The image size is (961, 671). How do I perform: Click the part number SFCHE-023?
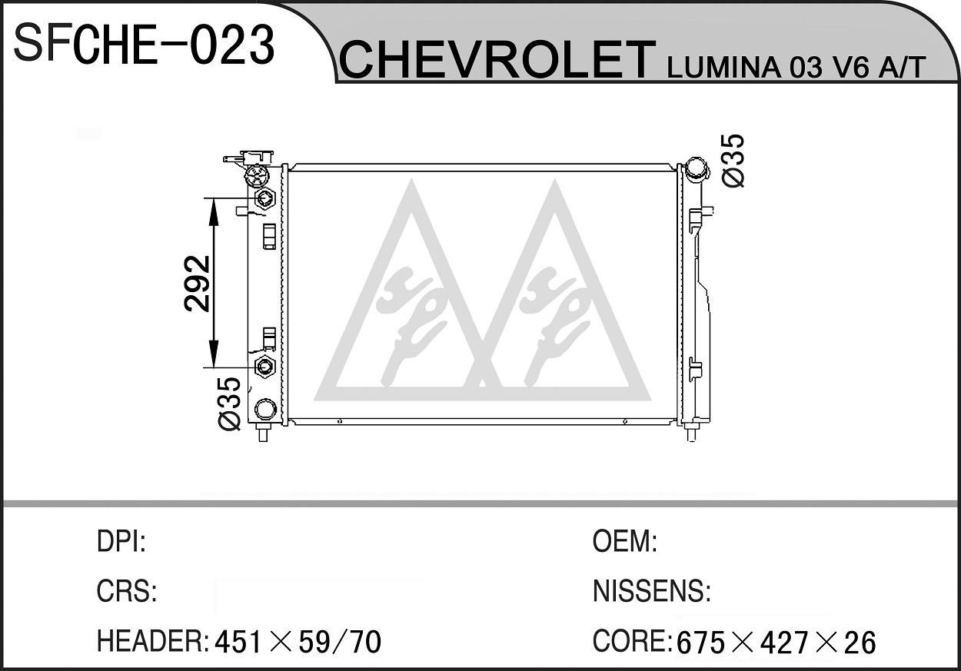144,45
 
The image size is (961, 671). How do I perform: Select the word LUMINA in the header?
724,68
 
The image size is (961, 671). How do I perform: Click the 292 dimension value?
198,283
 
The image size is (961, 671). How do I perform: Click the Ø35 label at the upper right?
733,161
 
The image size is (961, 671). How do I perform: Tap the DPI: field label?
121,541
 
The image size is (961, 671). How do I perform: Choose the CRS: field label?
127,591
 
